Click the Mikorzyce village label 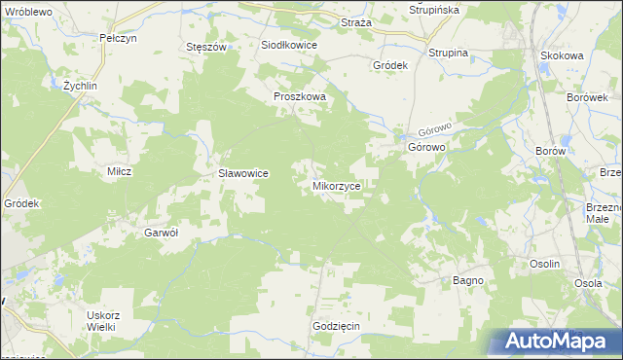point(338,184)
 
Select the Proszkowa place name point(299,97)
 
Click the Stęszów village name point(205,46)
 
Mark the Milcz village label point(119,170)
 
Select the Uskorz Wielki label point(102,320)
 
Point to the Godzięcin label point(337,326)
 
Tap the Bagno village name point(468,280)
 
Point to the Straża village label point(356,21)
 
